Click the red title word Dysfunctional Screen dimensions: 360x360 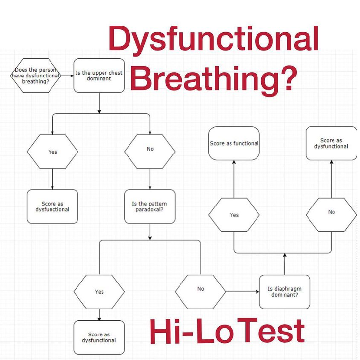(x=214, y=39)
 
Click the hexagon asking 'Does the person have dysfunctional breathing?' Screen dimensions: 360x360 (x=35, y=76)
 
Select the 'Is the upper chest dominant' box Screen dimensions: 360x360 (x=99, y=76)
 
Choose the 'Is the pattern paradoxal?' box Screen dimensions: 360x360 (x=150, y=206)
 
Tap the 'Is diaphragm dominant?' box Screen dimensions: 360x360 (x=284, y=292)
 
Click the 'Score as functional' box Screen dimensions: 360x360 (x=234, y=143)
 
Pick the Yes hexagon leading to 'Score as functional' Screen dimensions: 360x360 (x=234, y=215)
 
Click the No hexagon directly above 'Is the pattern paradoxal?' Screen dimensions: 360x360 (x=150, y=149)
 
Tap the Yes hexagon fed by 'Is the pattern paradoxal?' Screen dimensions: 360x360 (x=99, y=292)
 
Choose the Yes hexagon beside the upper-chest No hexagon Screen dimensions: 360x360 (x=52, y=152)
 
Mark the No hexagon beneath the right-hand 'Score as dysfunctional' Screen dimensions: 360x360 (x=331, y=212)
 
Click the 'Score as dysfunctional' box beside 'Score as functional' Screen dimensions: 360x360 (x=331, y=143)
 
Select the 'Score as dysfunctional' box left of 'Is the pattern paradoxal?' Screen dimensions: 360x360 (x=52, y=206)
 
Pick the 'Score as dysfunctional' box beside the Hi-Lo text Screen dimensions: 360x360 (x=99, y=337)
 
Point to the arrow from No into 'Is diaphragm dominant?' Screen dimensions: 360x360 (x=242, y=292)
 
